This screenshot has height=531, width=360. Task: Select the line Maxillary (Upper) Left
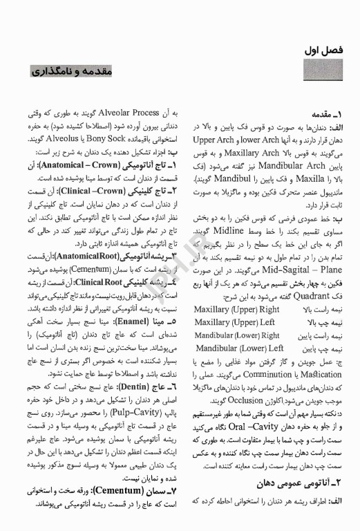click(x=235, y=322)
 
